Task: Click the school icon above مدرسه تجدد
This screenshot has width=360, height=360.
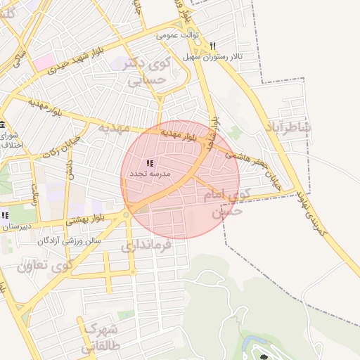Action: point(149,163)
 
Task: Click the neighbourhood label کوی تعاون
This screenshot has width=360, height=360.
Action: point(46,266)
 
